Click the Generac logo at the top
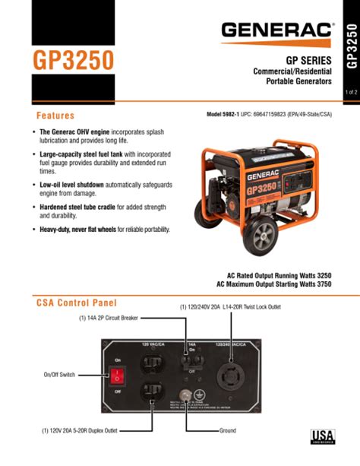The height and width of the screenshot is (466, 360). (x=277, y=30)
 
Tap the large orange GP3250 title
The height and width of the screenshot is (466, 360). (x=72, y=59)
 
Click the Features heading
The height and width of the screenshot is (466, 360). (x=55, y=116)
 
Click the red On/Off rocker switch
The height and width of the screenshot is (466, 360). (x=118, y=376)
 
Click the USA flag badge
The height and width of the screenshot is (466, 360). (x=323, y=437)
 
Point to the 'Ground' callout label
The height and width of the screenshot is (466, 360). (x=228, y=431)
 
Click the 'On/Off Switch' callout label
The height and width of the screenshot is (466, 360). (x=59, y=376)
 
